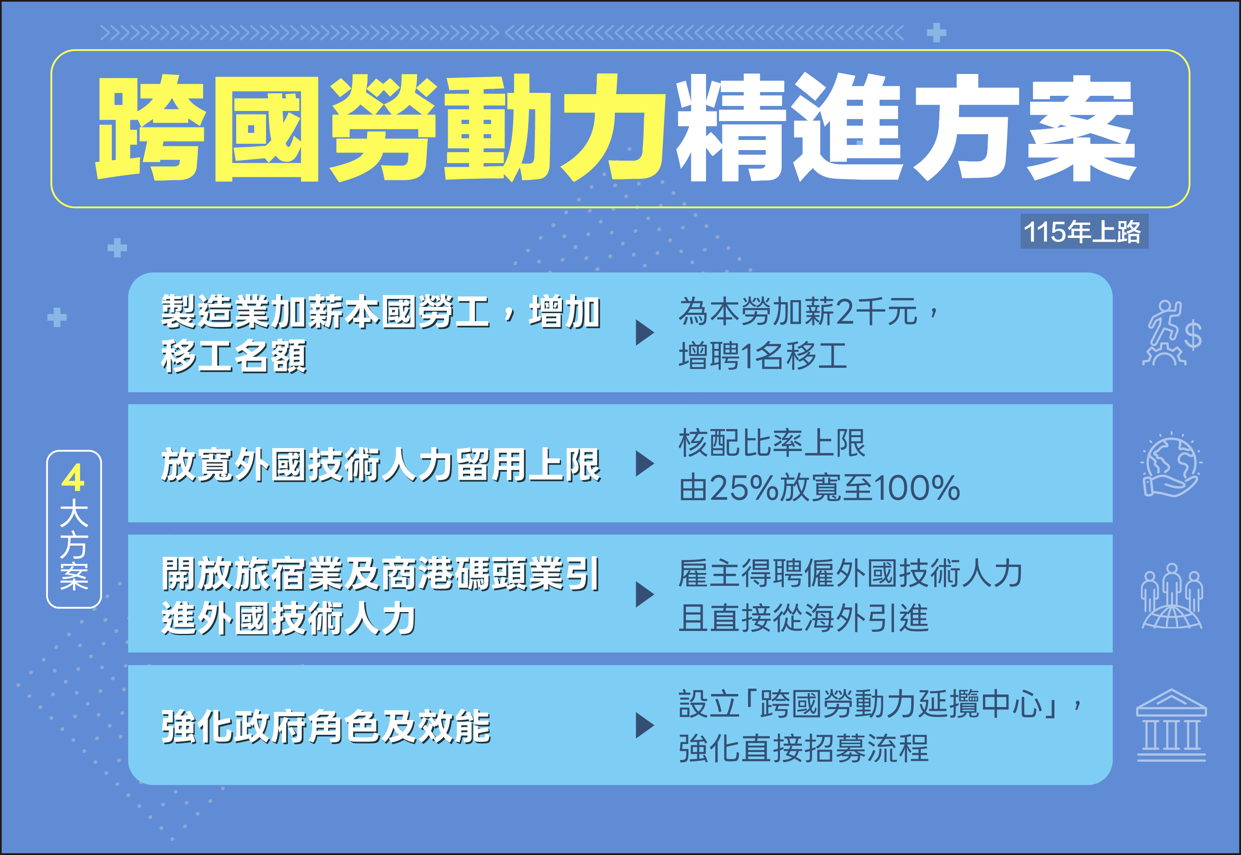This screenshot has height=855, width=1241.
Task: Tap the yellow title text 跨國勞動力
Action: tap(380, 129)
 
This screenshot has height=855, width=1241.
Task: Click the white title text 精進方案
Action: tap(905, 129)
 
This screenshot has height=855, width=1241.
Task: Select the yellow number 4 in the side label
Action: tap(74, 478)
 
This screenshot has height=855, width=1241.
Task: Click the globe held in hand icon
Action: tap(1171, 464)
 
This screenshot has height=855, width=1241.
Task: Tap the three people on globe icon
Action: tap(1171, 595)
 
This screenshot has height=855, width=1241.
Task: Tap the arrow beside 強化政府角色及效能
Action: tap(644, 726)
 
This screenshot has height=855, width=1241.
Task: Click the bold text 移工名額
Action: tap(234, 356)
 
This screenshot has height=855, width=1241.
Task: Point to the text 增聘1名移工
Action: tap(763, 356)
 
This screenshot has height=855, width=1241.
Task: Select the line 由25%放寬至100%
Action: tap(819, 488)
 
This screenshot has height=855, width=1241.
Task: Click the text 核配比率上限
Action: tap(772, 443)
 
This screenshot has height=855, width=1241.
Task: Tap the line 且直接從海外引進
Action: tap(804, 617)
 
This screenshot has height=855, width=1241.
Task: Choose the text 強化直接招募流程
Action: tap(804, 748)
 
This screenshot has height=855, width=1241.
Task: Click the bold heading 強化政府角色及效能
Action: tap(326, 726)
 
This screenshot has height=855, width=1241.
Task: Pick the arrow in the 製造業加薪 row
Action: tap(644, 332)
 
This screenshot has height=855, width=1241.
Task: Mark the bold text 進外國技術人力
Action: tap(289, 618)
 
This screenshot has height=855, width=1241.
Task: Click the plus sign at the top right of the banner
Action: tap(936, 33)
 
